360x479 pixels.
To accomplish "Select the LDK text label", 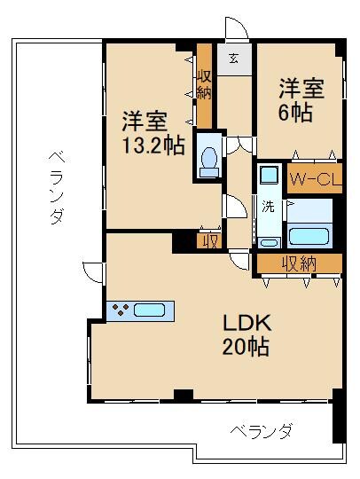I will click(246, 321).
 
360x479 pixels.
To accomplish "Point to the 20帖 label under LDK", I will click(246, 346).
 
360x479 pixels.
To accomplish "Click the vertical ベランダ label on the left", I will click(55, 186).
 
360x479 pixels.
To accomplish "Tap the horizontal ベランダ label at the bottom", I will click(262, 432).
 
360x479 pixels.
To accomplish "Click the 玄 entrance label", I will click(232, 60).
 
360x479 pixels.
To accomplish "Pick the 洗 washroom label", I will click(267, 208).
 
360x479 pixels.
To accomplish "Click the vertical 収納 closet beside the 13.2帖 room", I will click(204, 83).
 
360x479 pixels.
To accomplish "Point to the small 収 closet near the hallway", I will click(209, 239).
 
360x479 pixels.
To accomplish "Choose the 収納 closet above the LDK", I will click(299, 263).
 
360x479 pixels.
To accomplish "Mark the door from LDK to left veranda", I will click(91, 272).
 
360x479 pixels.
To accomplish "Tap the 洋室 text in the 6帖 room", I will click(301, 89).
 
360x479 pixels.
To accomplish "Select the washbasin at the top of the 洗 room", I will click(267, 175).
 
